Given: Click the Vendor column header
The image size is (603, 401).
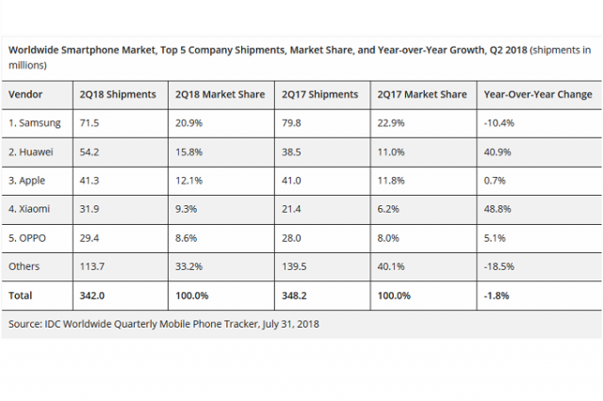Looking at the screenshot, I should [28, 95].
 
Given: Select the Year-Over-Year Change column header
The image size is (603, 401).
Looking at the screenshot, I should [537, 95].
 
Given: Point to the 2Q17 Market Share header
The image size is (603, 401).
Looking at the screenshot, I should [422, 95].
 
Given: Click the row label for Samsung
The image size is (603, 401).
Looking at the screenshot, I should [36, 124].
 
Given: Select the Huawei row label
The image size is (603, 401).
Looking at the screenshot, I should [34, 152].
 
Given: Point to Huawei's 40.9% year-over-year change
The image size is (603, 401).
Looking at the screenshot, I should [497, 152].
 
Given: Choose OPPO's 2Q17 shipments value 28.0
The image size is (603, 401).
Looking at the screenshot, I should [293, 238].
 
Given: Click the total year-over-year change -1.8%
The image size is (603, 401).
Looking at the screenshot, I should [497, 296].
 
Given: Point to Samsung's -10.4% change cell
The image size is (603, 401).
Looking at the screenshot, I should [499, 124].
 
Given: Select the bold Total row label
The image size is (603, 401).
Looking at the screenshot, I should [22, 296].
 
